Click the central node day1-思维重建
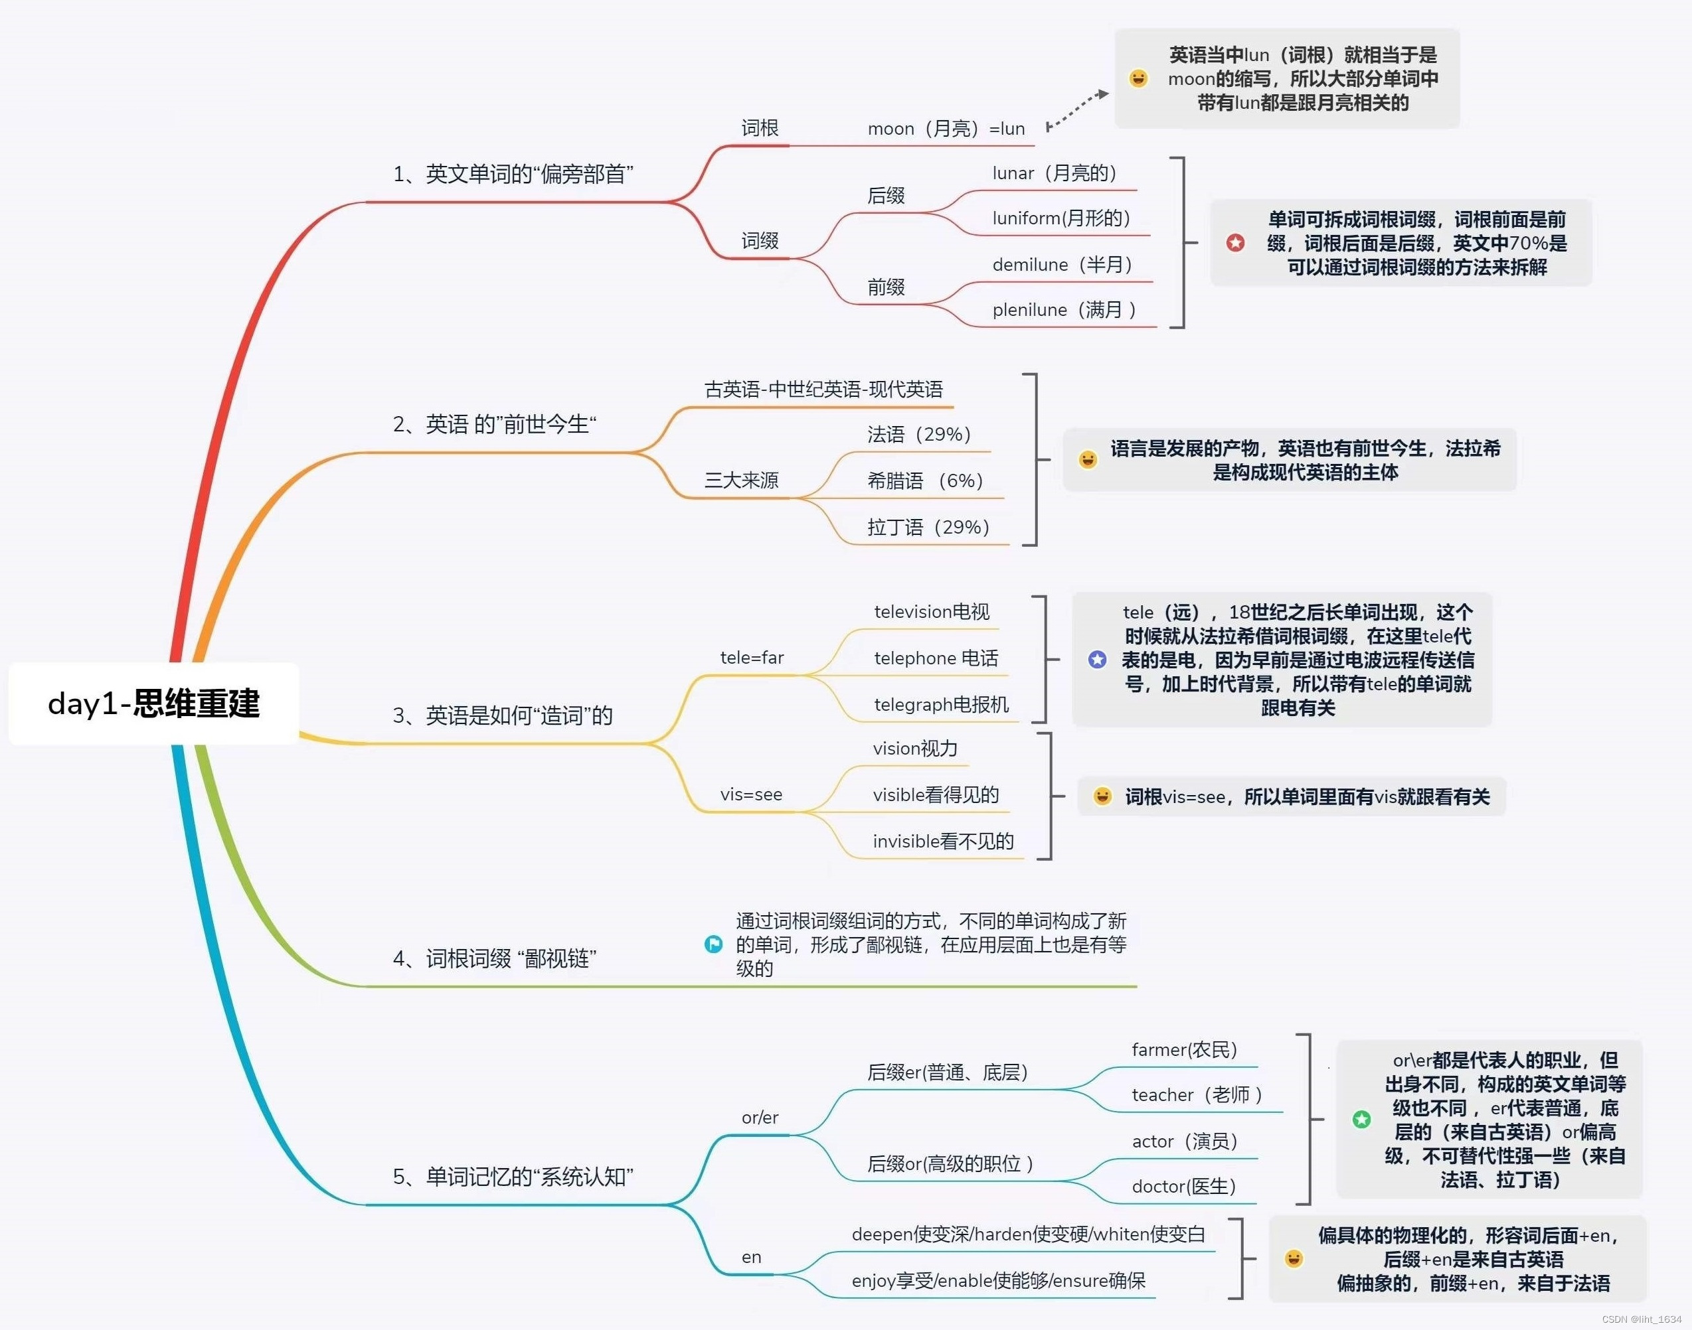(153, 703)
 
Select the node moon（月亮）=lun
(946, 129)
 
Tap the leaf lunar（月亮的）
(1054, 173)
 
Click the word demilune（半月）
(1062, 265)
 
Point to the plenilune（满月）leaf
(1063, 310)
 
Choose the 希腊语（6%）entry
(924, 480)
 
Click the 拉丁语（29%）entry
(928, 527)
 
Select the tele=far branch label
(752, 657)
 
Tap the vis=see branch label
(751, 794)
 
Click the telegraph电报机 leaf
(941, 705)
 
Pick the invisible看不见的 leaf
(942, 841)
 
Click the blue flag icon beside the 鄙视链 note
(713, 944)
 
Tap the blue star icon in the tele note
(1097, 660)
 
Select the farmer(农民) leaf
(1184, 1050)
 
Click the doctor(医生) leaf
(1183, 1186)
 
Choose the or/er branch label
(760, 1118)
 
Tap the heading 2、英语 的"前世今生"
(494, 424)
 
